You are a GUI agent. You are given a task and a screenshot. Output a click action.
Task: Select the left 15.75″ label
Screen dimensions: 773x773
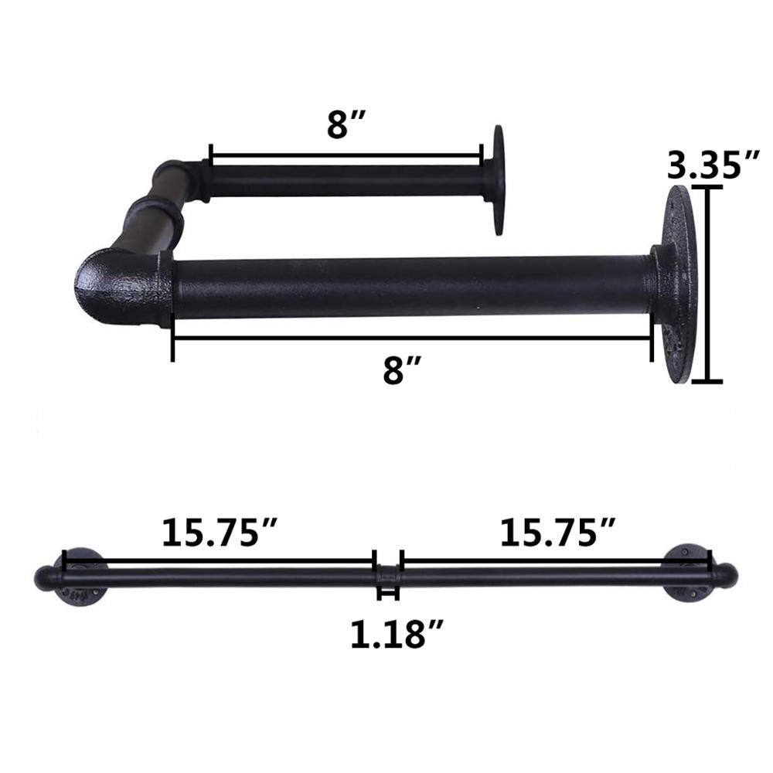click(x=220, y=533)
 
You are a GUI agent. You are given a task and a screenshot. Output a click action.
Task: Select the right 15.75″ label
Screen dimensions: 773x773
click(x=557, y=533)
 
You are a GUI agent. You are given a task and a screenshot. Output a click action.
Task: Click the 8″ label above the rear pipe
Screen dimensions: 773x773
click(x=346, y=124)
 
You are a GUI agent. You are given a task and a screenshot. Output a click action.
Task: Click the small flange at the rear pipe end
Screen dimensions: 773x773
click(x=496, y=179)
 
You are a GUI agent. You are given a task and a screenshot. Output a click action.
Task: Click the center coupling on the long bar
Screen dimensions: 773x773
click(x=387, y=576)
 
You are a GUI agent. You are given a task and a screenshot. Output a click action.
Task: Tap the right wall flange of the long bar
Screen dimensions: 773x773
click(x=691, y=576)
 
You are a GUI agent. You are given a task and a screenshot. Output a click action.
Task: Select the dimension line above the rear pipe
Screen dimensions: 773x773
click(x=346, y=154)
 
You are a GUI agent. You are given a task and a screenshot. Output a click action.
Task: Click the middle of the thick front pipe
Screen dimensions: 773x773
click(x=410, y=288)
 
